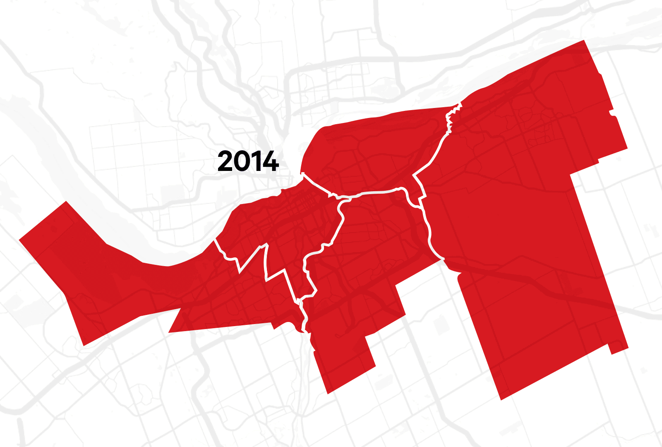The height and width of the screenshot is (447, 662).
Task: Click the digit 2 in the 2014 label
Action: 225,161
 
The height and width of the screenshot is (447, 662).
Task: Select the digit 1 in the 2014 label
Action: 257,161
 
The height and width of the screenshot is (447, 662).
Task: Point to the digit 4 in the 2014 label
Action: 270,161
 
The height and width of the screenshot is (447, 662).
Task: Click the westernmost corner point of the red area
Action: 20,239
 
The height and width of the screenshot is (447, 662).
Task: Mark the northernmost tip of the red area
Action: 584,41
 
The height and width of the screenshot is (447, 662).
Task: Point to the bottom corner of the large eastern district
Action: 501,399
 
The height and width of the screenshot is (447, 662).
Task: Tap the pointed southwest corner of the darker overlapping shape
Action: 169,332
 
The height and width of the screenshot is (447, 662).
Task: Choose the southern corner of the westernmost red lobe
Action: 84,345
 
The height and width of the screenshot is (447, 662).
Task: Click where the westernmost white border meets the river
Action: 216,239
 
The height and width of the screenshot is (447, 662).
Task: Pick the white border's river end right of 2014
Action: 303,173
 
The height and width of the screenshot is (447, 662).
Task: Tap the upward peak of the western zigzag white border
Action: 262,246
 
